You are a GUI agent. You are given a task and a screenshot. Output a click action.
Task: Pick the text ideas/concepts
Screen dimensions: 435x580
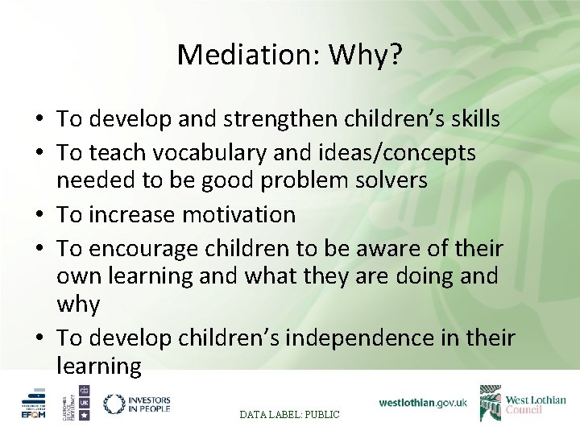(x=389, y=152)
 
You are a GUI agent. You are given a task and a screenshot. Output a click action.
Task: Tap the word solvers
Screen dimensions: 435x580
(x=393, y=180)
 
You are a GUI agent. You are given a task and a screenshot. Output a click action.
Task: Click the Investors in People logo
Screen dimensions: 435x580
(x=137, y=404)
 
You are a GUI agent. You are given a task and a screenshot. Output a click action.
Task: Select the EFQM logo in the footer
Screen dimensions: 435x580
(x=35, y=404)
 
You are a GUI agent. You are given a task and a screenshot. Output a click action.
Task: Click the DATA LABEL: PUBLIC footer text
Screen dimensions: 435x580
(x=290, y=414)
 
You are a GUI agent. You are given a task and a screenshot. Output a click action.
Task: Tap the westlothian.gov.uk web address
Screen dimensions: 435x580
(x=422, y=402)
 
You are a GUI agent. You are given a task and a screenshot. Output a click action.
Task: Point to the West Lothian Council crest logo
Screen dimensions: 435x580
(x=491, y=403)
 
